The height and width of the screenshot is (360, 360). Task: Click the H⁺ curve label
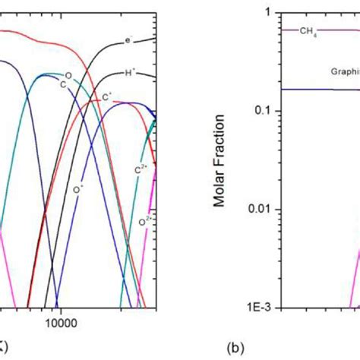coord(131,74)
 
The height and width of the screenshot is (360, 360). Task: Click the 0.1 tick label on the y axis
coord(261,111)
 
